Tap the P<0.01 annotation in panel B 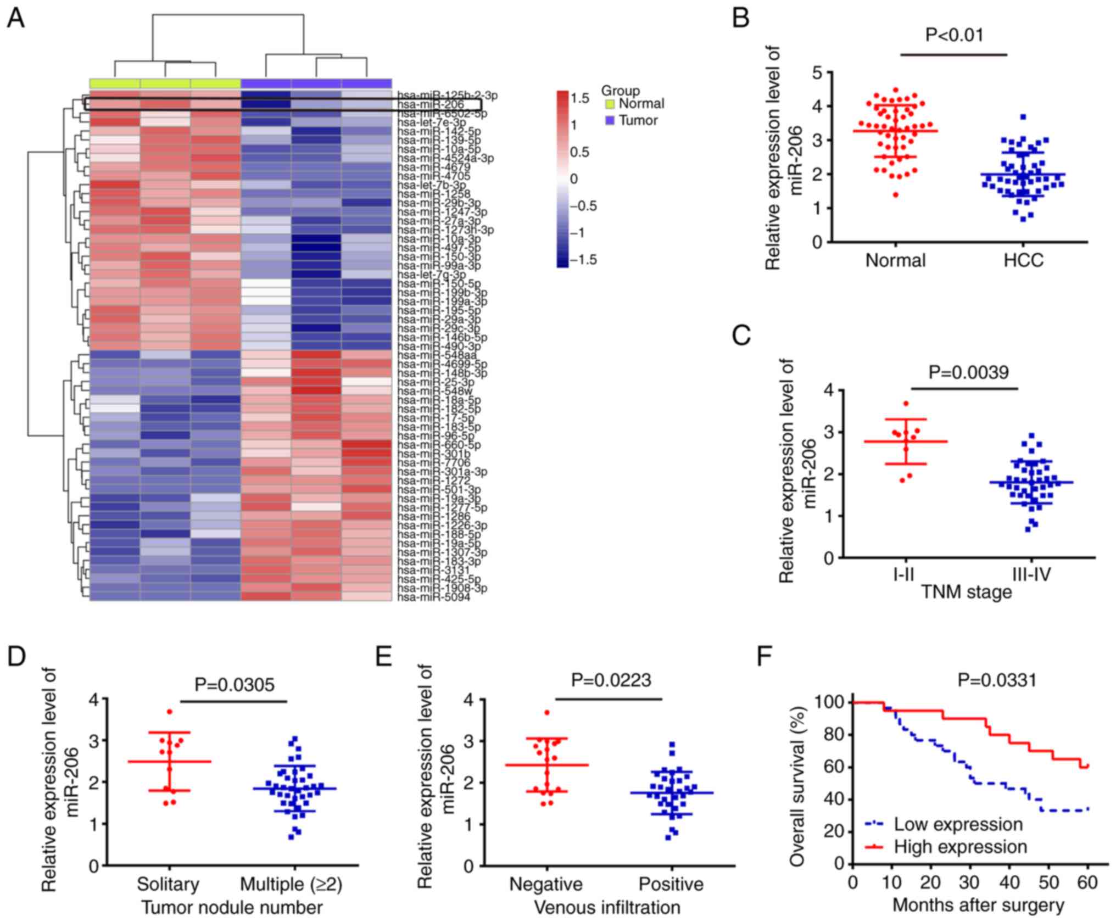coord(955,35)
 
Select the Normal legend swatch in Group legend coord(609,104)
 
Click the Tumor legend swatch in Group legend coord(609,120)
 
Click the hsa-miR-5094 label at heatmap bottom coord(434,597)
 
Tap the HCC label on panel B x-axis coord(1023,260)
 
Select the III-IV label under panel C coord(1031,574)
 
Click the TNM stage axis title coord(966,592)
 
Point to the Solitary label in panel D coord(168,884)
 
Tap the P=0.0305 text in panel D coord(235,684)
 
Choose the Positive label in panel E coord(671,884)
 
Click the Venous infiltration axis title coord(607,907)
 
